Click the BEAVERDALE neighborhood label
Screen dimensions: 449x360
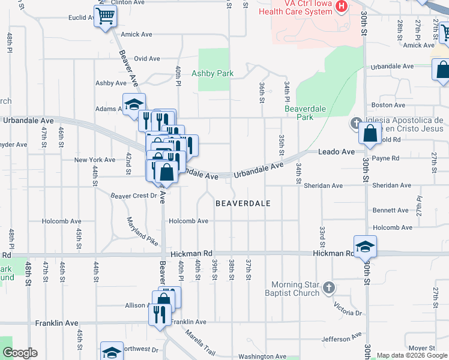pos(243,203)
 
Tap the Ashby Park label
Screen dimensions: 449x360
pos(212,74)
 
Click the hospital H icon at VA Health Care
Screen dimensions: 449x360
pos(342,7)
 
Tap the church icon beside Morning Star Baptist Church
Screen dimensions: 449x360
pos(328,288)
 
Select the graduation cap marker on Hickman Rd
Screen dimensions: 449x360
pos(365,246)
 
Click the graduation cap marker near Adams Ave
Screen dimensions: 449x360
pos(134,103)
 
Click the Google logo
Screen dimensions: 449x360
pos(19,353)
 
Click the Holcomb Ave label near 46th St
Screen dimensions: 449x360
pos(61,221)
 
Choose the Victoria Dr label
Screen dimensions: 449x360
pos(349,312)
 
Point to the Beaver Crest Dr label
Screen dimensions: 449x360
pos(133,196)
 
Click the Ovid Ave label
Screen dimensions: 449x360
pos(146,59)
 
